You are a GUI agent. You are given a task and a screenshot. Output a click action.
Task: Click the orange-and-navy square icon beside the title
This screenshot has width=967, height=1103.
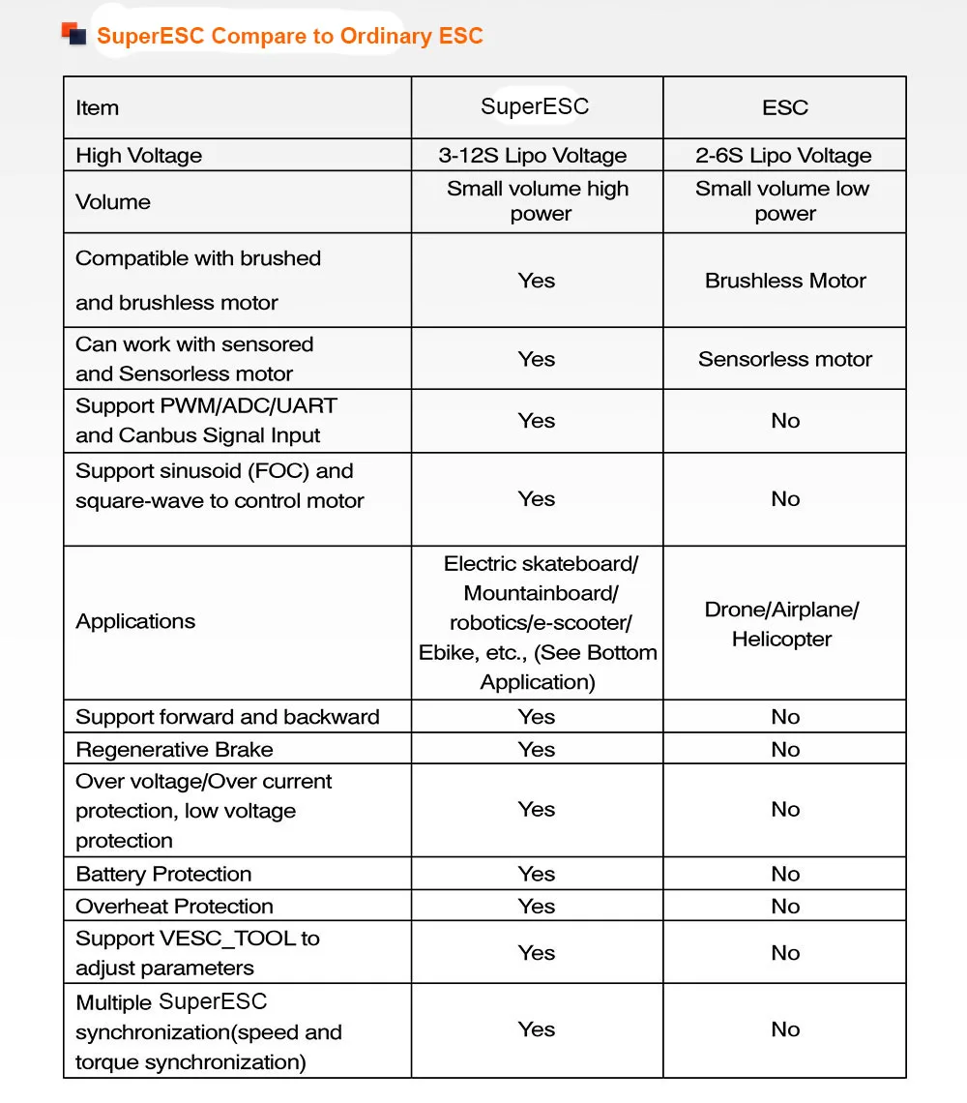click(73, 36)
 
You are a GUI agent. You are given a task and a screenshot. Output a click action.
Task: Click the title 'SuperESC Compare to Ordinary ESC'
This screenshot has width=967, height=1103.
click(289, 37)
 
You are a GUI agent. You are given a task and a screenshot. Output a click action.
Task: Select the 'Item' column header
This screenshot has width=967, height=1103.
click(98, 108)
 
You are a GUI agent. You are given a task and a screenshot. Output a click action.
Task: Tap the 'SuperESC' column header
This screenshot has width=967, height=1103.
click(535, 106)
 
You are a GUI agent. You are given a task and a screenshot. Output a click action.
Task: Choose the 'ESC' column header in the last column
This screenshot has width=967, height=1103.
click(784, 108)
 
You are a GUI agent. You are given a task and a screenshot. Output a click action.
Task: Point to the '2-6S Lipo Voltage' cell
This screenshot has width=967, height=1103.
click(783, 156)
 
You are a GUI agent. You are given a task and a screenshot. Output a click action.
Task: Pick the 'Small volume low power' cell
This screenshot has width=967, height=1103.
click(783, 201)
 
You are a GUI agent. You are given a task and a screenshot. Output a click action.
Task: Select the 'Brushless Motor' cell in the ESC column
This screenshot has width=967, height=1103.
click(785, 281)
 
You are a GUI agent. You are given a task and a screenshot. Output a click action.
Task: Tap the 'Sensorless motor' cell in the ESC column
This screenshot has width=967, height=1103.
click(785, 359)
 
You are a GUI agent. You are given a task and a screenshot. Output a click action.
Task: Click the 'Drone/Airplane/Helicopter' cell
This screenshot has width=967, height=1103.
click(782, 624)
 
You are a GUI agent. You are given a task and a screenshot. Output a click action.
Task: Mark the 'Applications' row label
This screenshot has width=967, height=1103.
click(135, 621)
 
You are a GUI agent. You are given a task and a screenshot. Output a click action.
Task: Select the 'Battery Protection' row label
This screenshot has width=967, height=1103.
click(163, 875)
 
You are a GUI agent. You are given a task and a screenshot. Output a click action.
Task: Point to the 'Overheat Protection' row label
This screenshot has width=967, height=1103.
click(174, 907)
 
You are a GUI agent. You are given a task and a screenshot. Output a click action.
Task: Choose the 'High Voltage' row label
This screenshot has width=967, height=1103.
click(139, 156)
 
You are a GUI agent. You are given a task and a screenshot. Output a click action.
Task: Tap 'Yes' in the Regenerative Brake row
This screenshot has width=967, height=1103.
click(536, 750)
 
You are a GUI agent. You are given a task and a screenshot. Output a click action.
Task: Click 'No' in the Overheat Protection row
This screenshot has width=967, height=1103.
click(785, 907)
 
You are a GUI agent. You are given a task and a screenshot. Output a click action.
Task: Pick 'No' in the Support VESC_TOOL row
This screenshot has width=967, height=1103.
click(785, 953)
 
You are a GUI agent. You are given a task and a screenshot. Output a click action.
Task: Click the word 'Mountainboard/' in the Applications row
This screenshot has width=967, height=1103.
click(541, 593)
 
